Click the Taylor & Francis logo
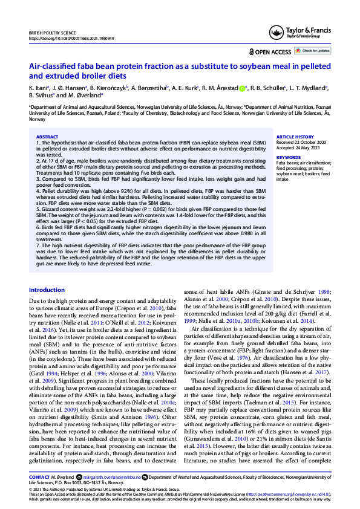point(307,33)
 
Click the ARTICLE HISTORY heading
point(295,137)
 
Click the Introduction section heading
point(47,290)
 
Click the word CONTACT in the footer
point(39,477)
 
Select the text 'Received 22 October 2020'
point(304,143)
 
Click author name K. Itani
point(37,88)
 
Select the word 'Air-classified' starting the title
point(52,66)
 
